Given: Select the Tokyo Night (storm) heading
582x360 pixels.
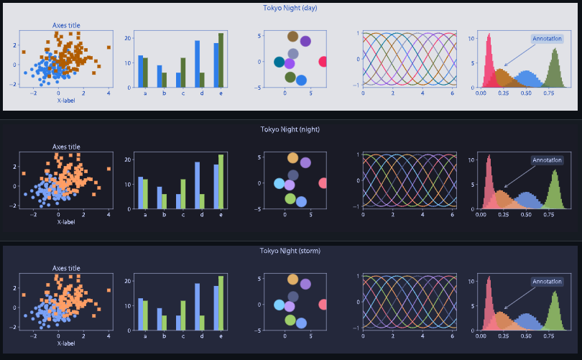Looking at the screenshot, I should [290, 251].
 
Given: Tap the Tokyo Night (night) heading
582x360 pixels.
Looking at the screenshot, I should [290, 129].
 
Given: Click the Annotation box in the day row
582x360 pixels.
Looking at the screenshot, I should [547, 39].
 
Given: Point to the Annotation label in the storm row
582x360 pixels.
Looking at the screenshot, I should [547, 282].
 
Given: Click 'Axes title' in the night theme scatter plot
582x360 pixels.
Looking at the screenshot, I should [66, 147].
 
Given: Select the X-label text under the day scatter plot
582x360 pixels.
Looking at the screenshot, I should [66, 100].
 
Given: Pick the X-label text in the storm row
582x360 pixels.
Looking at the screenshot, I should [66, 343].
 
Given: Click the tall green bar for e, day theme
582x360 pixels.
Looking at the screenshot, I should [221, 61].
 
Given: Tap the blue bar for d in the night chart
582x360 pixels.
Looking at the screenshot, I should [197, 185].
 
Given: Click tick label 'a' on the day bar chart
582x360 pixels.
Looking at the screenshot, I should [145, 93].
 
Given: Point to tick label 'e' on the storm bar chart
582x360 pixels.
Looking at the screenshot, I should [221, 336].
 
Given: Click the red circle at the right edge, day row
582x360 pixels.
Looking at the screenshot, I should [323, 62].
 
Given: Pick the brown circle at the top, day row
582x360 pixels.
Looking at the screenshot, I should [292, 37].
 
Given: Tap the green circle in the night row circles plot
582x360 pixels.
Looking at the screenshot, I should [290, 198].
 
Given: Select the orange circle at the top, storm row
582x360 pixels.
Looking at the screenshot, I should [292, 280].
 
